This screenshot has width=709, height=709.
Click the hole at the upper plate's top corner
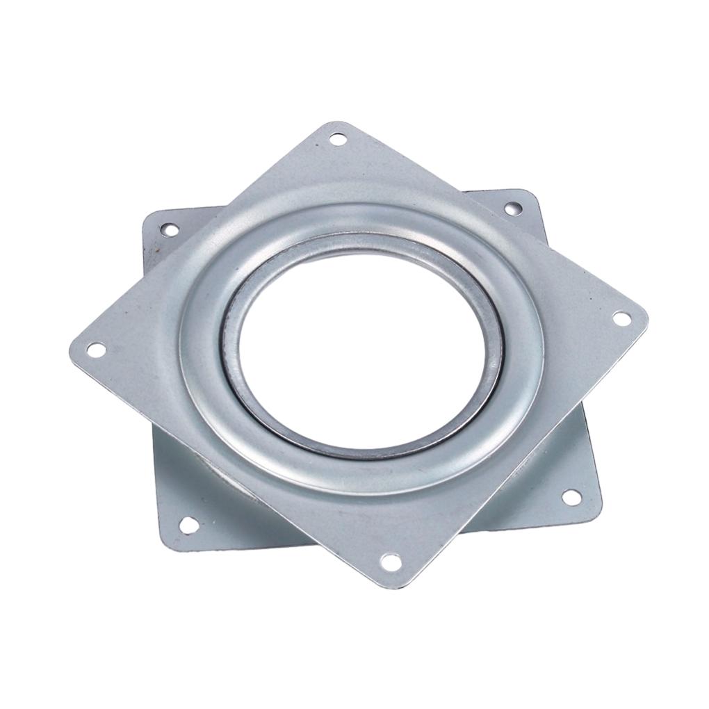tap(338, 139)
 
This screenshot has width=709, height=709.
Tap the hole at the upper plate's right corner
tap(621, 318)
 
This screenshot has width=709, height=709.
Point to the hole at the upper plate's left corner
tap(97, 350)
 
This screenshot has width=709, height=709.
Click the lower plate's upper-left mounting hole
tap(168, 229)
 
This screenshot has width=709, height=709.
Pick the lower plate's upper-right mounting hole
tap(513, 208)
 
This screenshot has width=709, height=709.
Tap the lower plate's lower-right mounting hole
tap(571, 497)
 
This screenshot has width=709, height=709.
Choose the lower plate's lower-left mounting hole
tap(188, 525)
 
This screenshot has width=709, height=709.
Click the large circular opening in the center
tap(361, 348)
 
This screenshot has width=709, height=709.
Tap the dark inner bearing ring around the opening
tap(237, 375)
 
